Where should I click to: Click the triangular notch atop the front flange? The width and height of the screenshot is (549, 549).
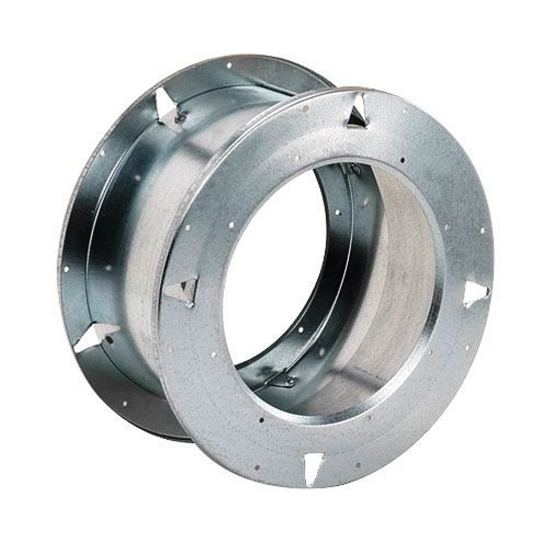click(358, 111)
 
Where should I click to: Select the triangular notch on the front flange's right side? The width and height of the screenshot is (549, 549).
click(475, 293)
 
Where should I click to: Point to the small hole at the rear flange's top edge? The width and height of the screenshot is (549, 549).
click(228, 66)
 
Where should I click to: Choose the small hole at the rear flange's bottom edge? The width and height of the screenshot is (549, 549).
click(124, 403)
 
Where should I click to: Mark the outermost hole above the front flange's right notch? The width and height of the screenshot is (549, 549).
click(482, 230)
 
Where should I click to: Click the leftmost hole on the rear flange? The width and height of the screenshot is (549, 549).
click(66, 269)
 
